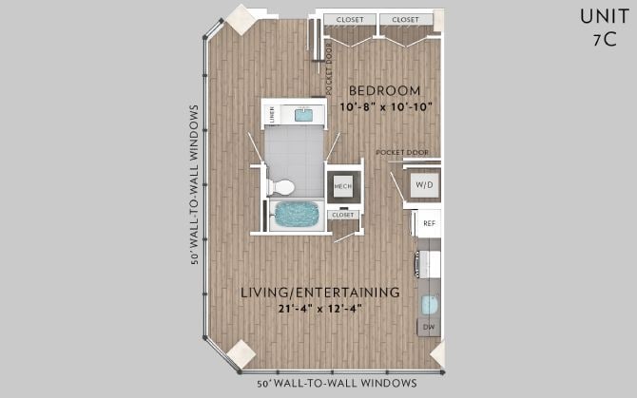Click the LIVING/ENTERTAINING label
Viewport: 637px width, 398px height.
319,292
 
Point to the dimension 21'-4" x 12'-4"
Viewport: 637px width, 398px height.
319,308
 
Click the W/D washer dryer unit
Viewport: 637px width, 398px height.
423,184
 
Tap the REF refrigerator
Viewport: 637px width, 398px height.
429,223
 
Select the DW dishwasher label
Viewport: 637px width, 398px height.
429,327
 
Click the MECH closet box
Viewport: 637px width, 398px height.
342,187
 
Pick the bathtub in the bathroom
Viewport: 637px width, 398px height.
298,213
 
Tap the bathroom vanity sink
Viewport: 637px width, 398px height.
304,115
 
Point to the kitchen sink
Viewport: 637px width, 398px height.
429,304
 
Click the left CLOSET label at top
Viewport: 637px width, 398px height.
346,19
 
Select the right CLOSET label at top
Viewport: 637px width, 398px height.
406,19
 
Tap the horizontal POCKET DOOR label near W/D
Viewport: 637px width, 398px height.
402,152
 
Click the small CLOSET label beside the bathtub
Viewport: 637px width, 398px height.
342,215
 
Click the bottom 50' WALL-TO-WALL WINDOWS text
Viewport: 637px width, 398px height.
337,383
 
